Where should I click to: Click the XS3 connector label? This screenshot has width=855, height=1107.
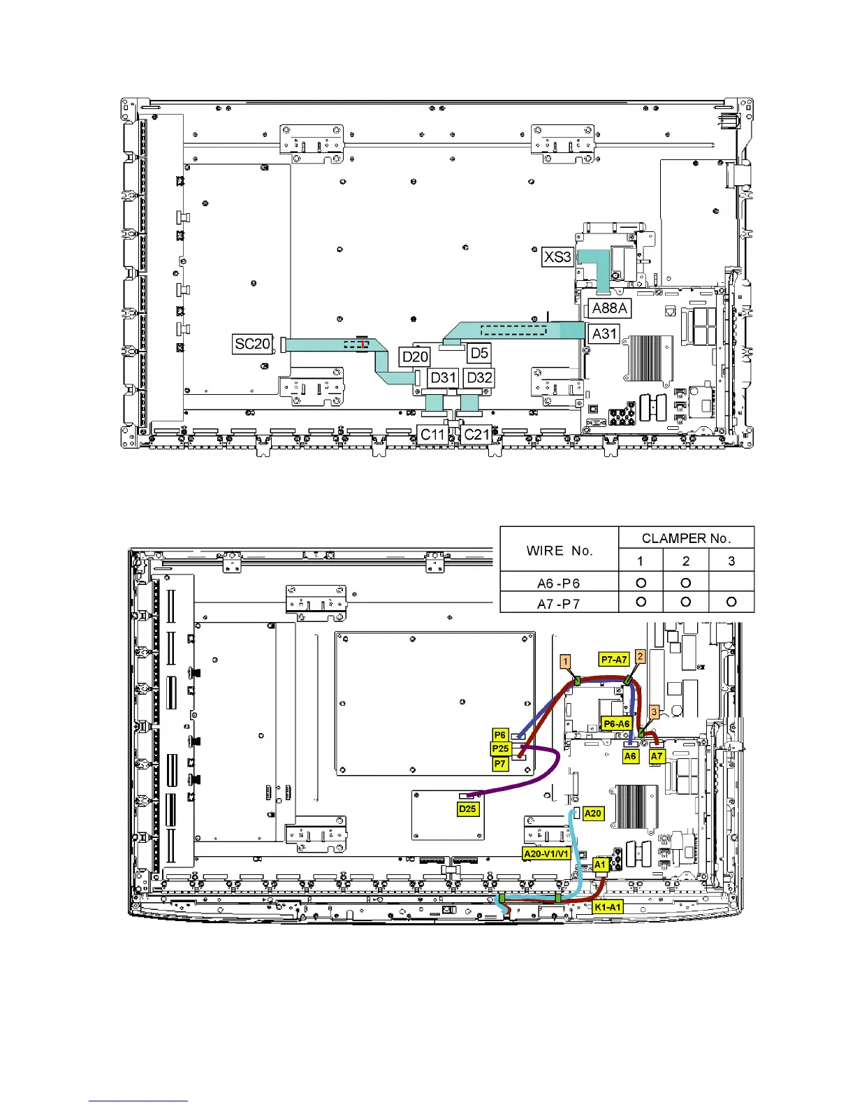pyautogui.click(x=557, y=256)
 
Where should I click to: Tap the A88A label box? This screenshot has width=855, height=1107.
pyautogui.click(x=610, y=308)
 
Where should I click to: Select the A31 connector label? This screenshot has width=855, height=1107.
pyautogui.click(x=604, y=334)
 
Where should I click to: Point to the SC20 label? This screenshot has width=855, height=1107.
pyautogui.click(x=252, y=344)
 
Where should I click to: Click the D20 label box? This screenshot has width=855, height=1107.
pyautogui.click(x=415, y=356)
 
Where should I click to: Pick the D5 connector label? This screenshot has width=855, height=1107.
pyautogui.click(x=479, y=353)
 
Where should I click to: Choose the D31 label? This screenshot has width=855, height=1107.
pyautogui.click(x=443, y=378)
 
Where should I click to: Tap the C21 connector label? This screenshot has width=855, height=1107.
pyautogui.click(x=476, y=435)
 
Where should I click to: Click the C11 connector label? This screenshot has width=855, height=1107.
pyautogui.click(x=433, y=435)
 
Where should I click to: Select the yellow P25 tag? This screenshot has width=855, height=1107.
pyautogui.click(x=500, y=748)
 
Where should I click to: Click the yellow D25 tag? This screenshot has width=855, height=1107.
pyautogui.click(x=467, y=809)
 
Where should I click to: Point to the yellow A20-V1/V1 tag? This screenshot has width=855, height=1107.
pyautogui.click(x=546, y=853)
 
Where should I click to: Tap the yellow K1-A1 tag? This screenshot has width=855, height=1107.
pyautogui.click(x=608, y=907)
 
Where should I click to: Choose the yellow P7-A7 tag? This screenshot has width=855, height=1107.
pyautogui.click(x=614, y=660)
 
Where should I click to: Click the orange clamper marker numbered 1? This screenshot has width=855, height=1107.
pyautogui.click(x=565, y=662)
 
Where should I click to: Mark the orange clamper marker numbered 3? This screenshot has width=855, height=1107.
pyautogui.click(x=655, y=712)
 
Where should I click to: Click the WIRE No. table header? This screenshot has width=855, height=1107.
pyautogui.click(x=560, y=551)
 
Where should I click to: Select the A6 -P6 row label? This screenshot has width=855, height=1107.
pyautogui.click(x=559, y=584)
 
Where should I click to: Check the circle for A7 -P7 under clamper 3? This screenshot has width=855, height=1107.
pyautogui.click(x=731, y=602)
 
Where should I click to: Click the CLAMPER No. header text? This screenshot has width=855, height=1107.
pyautogui.click(x=687, y=538)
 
